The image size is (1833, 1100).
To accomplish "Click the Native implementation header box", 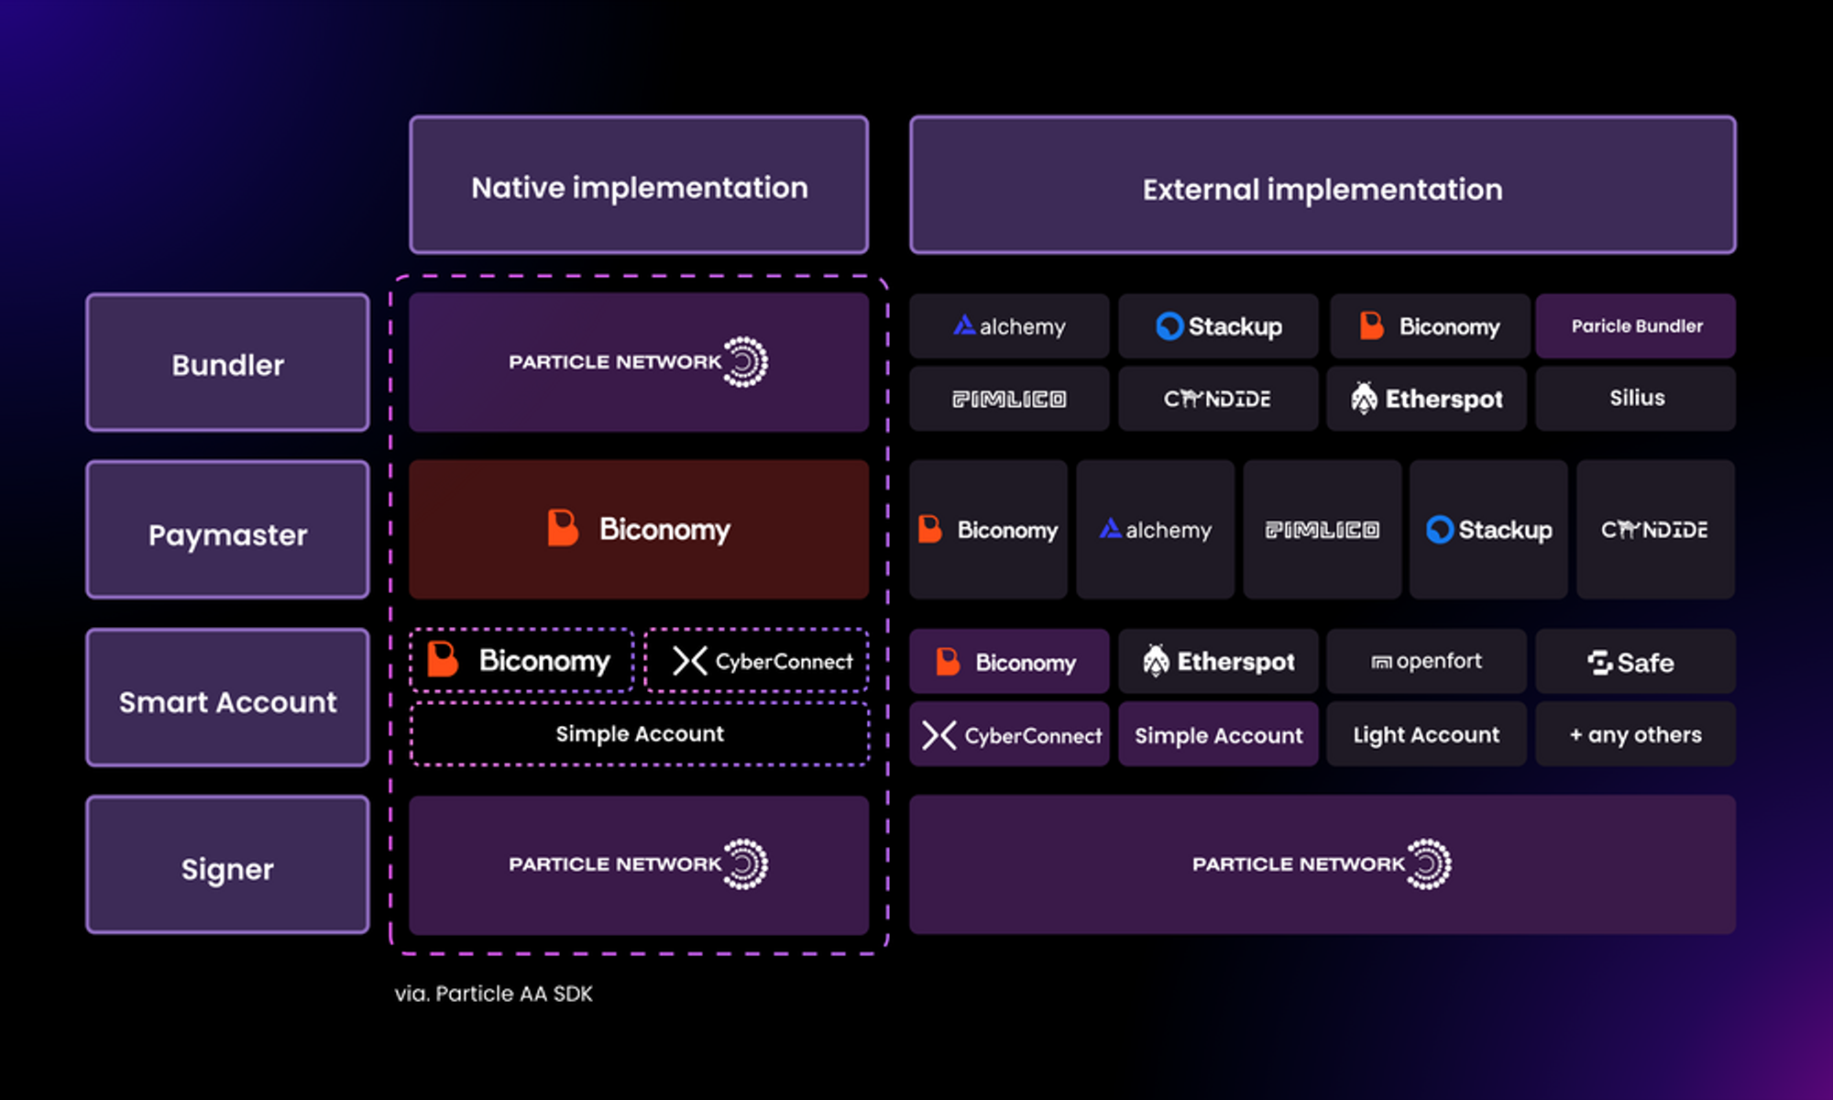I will coord(639,185).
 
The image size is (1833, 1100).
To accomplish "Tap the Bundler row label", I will coord(227,363).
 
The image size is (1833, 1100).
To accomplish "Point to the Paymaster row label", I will coord(227,531).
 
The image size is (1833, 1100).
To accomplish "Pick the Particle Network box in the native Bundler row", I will coord(639,362).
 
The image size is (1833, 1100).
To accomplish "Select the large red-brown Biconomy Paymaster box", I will coord(639,530).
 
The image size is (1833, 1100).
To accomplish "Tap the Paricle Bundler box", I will coord(1636,326).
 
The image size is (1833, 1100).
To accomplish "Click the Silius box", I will coord(1636,398).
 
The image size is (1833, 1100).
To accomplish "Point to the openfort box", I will coord(1426,661).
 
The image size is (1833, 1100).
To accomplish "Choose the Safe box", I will coord(1635,661).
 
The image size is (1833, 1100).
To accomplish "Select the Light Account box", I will coord(1426,734).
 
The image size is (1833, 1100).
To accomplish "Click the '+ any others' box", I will coord(1635,734).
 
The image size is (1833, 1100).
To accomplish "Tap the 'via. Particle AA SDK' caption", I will coord(494,994).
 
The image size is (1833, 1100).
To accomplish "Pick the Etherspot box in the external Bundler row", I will coord(1427,398).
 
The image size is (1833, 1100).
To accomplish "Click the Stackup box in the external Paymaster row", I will coord(1488,530).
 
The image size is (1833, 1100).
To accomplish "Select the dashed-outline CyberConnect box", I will coord(757,660).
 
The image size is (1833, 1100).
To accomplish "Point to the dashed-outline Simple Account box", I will coord(639,733).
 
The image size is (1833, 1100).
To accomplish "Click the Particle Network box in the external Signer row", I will coord(1322,864).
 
